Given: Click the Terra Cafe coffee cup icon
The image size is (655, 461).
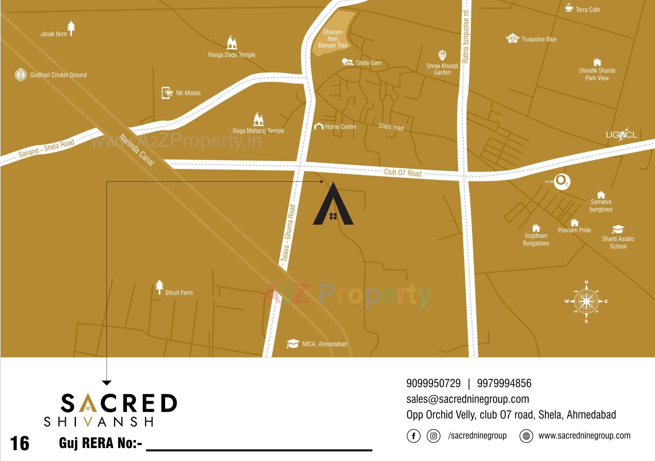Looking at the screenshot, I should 569,8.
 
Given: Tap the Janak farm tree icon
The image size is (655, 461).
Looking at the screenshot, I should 71,28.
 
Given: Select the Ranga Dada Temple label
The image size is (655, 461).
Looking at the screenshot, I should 232,55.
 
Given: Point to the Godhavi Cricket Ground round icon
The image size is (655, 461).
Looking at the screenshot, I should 21,74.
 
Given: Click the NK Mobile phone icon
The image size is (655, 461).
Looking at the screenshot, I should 166,93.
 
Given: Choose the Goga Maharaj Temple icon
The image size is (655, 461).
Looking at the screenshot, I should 258,119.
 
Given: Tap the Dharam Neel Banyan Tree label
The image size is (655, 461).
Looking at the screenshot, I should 333,39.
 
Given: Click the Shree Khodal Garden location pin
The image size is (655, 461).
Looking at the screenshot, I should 442,55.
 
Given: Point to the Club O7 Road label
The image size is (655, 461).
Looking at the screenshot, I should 403,172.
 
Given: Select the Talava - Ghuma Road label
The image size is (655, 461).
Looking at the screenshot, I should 288,233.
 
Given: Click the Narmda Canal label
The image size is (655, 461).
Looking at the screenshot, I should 137,150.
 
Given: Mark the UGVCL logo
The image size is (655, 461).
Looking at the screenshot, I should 621,135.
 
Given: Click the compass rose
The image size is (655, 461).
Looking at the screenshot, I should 586,302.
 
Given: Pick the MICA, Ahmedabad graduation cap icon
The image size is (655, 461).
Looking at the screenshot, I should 293,344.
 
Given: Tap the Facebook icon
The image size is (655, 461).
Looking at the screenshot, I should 413,436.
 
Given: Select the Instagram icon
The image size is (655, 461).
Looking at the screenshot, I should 433,436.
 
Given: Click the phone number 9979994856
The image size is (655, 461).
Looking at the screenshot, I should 504,383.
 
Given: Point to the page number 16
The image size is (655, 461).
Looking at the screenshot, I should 20,443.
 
